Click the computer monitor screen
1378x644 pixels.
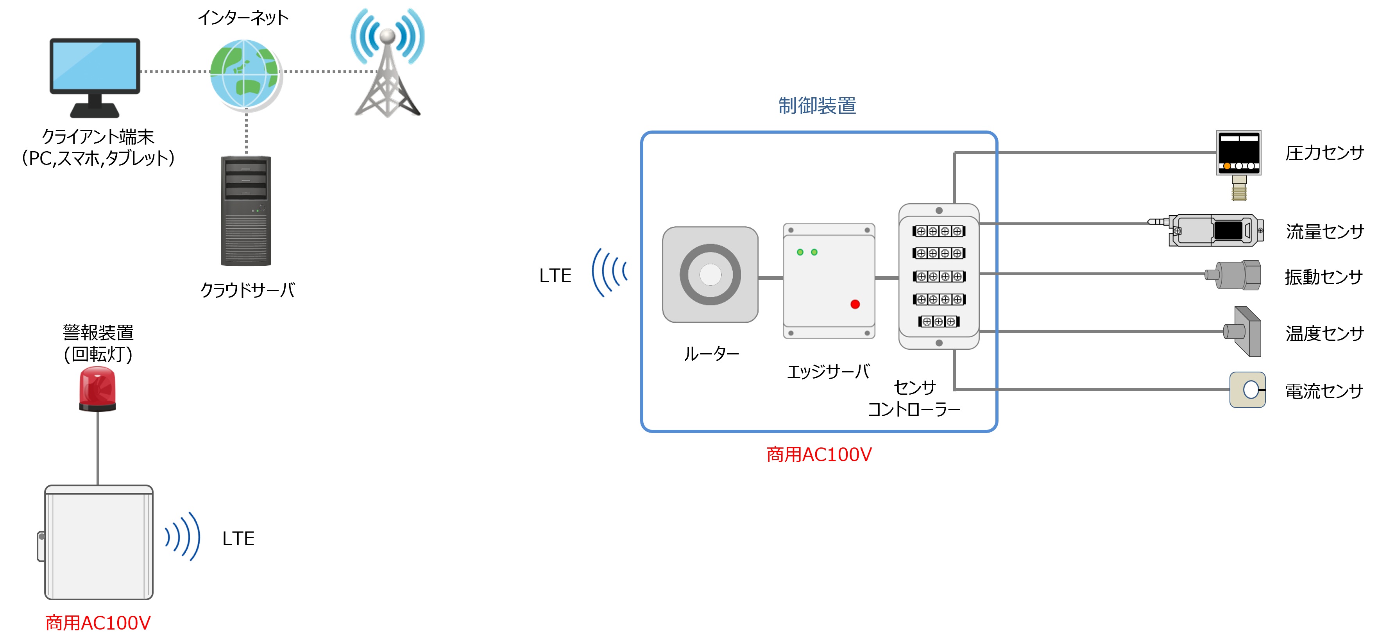coord(95,65)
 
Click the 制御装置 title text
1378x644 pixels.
coord(817,106)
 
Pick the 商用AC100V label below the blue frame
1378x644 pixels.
coord(819,454)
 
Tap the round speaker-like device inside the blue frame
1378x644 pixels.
coord(710,274)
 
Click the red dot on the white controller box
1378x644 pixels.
coord(855,304)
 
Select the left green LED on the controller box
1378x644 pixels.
coord(800,252)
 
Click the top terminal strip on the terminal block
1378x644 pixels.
coord(939,231)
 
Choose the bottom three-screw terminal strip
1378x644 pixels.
coord(939,322)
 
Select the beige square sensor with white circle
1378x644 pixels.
coord(1247,389)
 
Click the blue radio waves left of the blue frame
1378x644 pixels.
coord(609,272)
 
